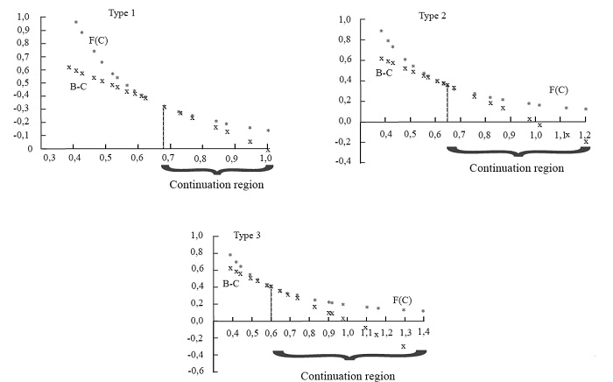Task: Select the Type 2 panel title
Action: click(x=432, y=16)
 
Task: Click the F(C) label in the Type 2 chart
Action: click(x=558, y=89)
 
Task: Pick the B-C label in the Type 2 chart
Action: click(x=384, y=72)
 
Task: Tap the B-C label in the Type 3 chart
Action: click(x=230, y=284)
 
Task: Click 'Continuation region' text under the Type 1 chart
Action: click(x=218, y=185)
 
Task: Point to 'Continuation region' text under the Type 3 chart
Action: click(x=348, y=376)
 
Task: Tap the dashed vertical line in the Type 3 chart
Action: click(x=271, y=303)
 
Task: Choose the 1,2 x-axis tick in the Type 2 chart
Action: click(x=585, y=135)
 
